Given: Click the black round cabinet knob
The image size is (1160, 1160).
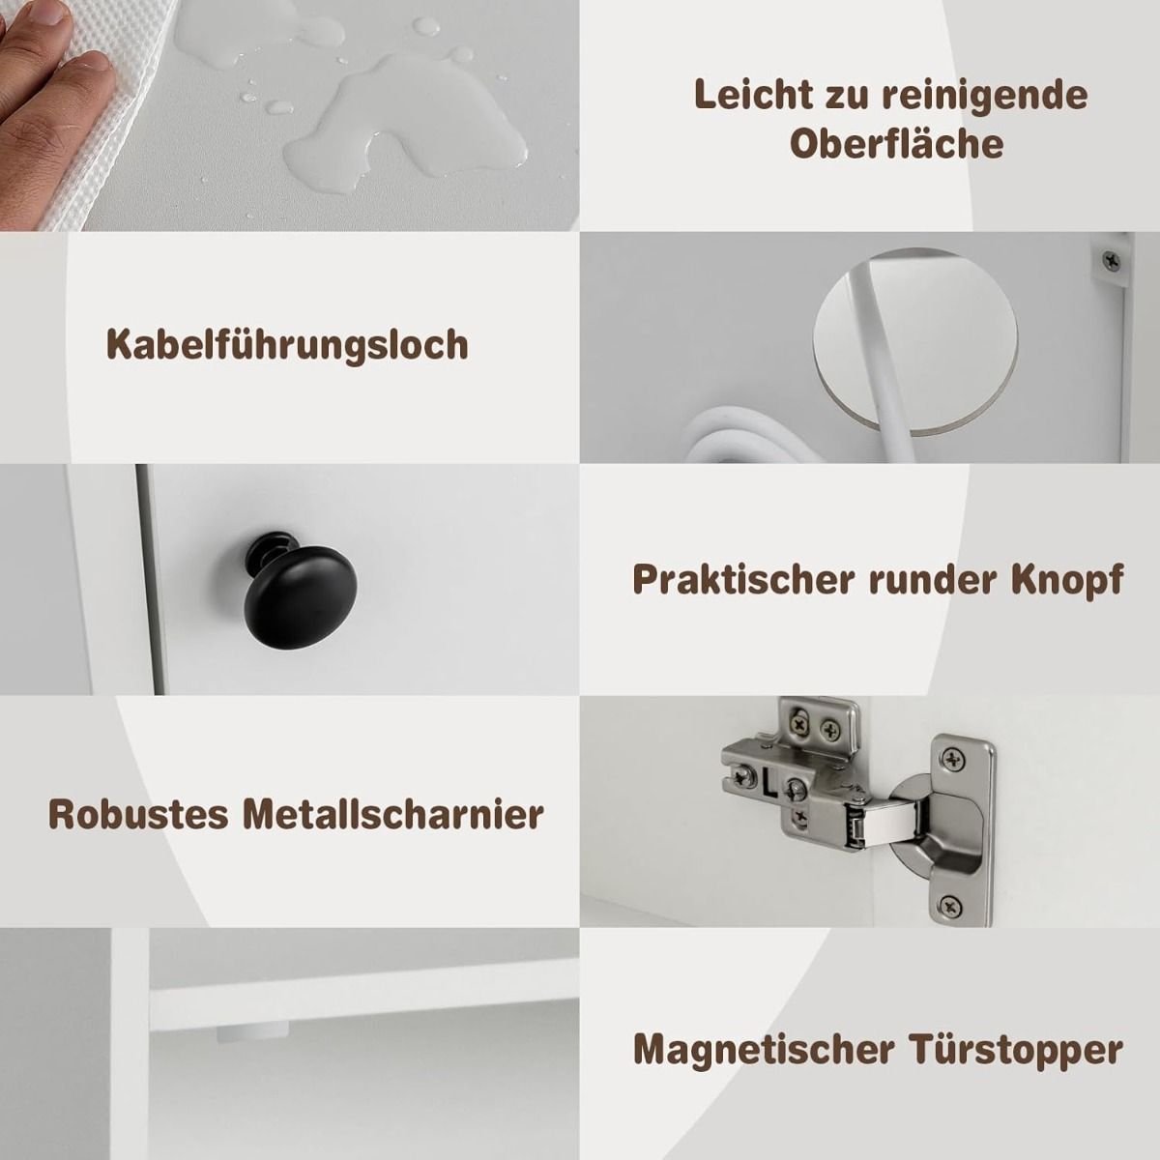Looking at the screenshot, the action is (300, 587).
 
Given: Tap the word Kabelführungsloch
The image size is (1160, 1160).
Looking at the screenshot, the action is (288, 345).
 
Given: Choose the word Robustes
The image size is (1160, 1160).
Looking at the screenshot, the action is (138, 815).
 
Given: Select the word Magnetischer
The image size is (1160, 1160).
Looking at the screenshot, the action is (764, 1050).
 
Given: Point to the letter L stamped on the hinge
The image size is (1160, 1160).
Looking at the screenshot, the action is (769, 783).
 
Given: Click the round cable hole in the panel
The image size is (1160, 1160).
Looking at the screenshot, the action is (915, 340).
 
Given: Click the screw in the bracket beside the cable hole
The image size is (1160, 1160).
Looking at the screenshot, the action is (1112, 261).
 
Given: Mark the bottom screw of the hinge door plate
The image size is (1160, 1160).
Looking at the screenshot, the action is (950, 905).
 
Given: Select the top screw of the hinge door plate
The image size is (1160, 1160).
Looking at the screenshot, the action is (953, 761).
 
